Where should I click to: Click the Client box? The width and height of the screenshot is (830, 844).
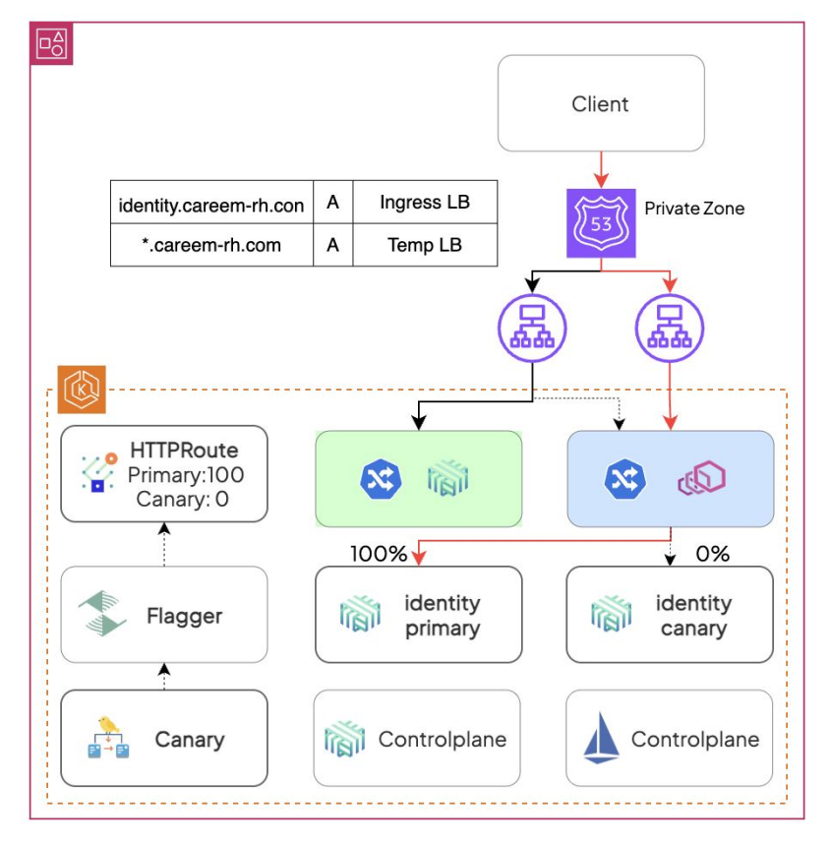click(601, 103)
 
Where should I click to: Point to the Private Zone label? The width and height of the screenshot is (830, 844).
click(694, 209)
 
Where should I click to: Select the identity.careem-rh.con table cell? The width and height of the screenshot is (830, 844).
click(211, 204)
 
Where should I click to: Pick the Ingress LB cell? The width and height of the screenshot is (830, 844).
click(425, 204)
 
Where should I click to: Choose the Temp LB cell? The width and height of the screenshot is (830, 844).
click(425, 245)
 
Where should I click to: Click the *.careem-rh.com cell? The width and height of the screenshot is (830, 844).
click(211, 245)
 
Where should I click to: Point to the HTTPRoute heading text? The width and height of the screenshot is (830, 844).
click(184, 452)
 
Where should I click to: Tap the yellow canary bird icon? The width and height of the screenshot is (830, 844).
click(109, 726)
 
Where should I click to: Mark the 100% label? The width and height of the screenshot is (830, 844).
click(379, 554)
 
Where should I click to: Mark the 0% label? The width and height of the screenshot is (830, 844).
click(712, 554)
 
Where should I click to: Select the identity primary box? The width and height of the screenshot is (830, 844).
click(418, 614)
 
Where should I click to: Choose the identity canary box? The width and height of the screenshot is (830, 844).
click(670, 614)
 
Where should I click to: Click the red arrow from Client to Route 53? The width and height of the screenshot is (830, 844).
click(601, 169)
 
